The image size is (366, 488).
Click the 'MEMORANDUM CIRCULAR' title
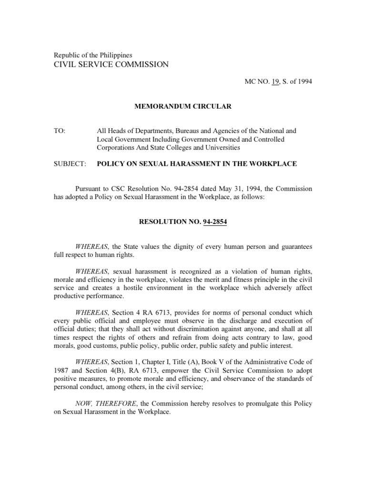click(183, 106)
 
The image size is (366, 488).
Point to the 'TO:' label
click(59, 130)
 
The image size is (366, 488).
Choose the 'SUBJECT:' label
click(70, 163)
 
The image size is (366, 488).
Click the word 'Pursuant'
click(90, 189)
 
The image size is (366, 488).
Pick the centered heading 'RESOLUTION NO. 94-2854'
click(183, 222)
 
